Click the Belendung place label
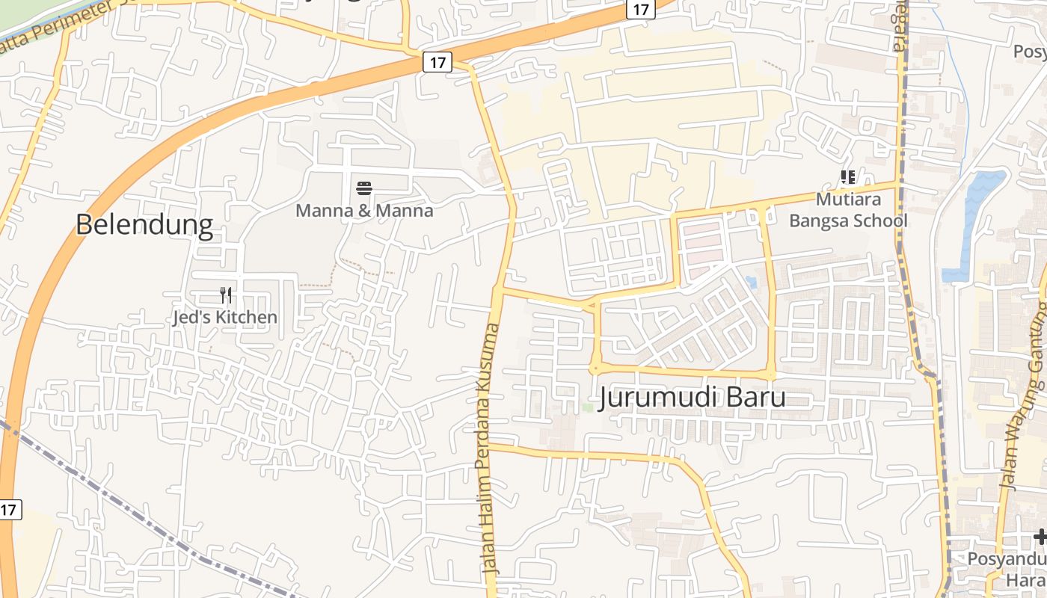(x=144, y=224)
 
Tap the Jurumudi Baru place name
(x=693, y=397)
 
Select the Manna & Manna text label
(x=364, y=211)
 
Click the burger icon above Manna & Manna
(x=364, y=188)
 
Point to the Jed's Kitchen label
(x=224, y=318)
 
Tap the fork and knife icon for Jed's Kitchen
(x=226, y=295)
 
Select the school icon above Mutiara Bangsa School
(x=847, y=177)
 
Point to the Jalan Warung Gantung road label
(x=1024, y=404)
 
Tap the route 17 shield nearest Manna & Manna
(x=437, y=63)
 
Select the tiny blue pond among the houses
(x=751, y=283)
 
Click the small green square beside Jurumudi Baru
(x=588, y=407)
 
